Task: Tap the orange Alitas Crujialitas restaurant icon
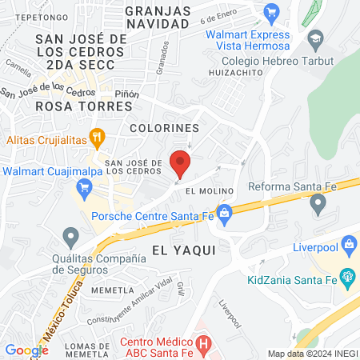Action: (98, 137)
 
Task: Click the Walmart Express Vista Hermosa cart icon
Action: (272, 10)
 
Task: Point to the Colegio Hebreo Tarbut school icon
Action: (316, 38)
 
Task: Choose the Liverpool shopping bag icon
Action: (348, 244)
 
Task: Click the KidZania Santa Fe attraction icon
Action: (347, 278)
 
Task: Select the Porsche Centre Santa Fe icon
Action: (224, 213)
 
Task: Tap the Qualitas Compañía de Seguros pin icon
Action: (71, 236)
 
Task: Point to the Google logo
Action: (26, 350)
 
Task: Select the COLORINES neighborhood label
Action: (164, 128)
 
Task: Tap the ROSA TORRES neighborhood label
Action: (54, 106)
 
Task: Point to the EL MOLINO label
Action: (209, 191)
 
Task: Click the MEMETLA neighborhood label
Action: (110, 290)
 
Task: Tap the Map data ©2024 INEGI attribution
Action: (312, 354)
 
